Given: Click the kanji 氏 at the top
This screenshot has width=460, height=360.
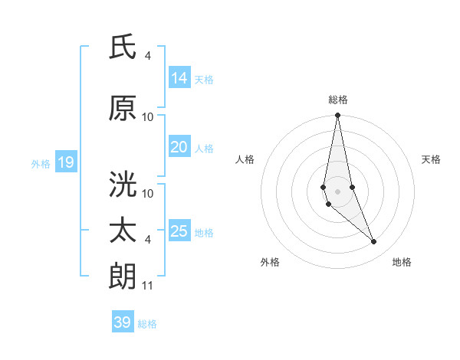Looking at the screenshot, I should (x=123, y=47).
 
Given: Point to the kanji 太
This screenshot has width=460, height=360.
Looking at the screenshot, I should (x=123, y=230).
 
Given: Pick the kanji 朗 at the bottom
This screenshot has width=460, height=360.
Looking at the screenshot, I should (x=123, y=275).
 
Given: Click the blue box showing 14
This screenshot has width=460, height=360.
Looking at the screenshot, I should (x=179, y=78).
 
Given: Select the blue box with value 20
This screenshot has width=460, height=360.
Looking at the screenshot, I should (x=179, y=148).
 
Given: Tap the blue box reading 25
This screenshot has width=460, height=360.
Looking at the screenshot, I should (x=179, y=232).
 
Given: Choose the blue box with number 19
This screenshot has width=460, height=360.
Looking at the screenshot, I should (x=65, y=162).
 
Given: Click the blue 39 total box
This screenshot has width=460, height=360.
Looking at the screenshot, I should (x=122, y=322).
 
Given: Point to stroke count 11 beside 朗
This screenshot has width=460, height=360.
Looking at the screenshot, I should (x=148, y=286).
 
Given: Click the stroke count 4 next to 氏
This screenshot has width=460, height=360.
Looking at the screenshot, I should (x=148, y=56).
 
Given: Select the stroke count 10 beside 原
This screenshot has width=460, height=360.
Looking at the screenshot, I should (x=148, y=116).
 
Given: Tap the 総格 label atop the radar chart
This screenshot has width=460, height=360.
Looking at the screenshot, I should (x=337, y=100).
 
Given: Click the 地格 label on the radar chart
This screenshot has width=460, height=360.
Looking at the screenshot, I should (x=402, y=262).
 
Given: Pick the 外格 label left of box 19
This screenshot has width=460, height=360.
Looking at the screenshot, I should (x=40, y=163).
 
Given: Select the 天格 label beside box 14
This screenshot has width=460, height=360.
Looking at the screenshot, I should (x=204, y=79).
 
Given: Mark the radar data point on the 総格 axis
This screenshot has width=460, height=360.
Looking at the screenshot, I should (x=337, y=116).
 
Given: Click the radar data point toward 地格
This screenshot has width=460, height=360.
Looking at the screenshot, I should (x=373, y=242).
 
